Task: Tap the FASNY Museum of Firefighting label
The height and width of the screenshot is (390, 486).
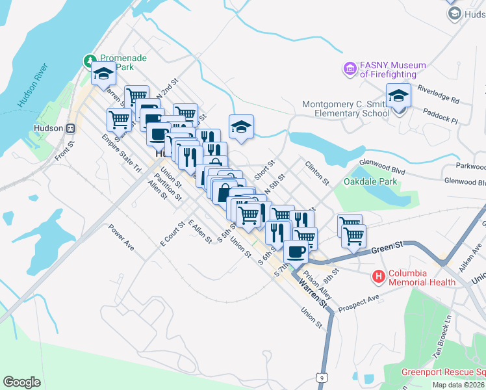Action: tap(392, 70)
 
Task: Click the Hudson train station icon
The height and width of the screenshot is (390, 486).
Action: tap(70, 127)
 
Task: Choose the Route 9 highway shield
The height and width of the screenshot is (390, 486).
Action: tap(321, 377)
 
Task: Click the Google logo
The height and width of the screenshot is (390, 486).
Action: tap(21, 382)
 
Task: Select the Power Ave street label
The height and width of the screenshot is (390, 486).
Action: tap(121, 237)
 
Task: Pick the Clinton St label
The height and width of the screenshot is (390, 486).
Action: tap(318, 172)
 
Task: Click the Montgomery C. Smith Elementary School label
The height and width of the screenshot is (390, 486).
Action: tap(344, 109)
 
